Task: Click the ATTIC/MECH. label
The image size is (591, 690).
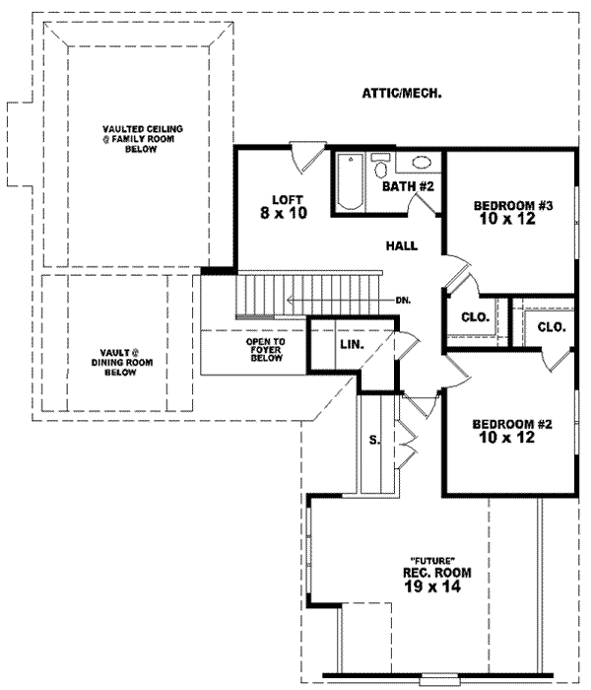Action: [401, 95]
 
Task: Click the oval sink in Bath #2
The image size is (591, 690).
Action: [421, 165]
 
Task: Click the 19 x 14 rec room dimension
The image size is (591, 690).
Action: [431, 586]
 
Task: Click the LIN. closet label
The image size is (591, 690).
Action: [351, 345]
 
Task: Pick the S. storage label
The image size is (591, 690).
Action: [374, 441]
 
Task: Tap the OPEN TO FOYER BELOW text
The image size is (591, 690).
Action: [265, 350]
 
